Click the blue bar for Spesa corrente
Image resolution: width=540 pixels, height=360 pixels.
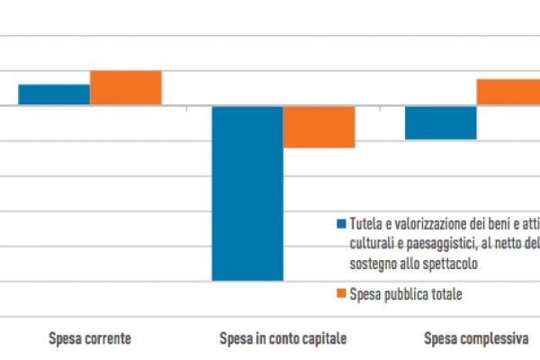pos(54,94)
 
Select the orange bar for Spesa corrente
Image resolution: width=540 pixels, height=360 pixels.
pos(125,87)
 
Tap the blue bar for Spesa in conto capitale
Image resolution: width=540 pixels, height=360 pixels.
pos(247,193)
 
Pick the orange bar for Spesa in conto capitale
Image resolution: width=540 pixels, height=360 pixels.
pos(319,127)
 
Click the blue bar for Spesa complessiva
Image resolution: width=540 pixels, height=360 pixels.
pos(440,122)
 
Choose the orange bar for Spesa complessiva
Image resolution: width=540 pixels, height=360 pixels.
pos(508,92)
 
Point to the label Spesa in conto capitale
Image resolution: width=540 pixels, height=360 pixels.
pos(283,339)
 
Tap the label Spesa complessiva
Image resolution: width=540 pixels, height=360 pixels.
pos(476,339)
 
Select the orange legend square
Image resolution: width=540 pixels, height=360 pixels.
pos(341,292)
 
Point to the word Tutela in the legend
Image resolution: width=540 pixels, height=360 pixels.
pos(366,224)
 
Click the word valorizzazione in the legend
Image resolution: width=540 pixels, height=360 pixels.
pos(424,224)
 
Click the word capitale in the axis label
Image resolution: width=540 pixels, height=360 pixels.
pos(322,339)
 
